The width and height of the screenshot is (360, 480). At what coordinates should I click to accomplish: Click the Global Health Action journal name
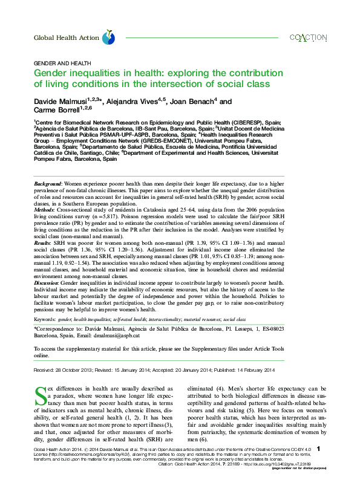pyautogui.click(x=65, y=37)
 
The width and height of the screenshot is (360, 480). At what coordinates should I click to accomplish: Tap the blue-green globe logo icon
pyautogui.click(x=108, y=37)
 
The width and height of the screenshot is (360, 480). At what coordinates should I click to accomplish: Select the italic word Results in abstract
pyautogui.click(x=43, y=242)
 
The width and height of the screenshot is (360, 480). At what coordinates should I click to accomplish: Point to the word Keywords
pyautogui.click(x=45, y=319)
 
